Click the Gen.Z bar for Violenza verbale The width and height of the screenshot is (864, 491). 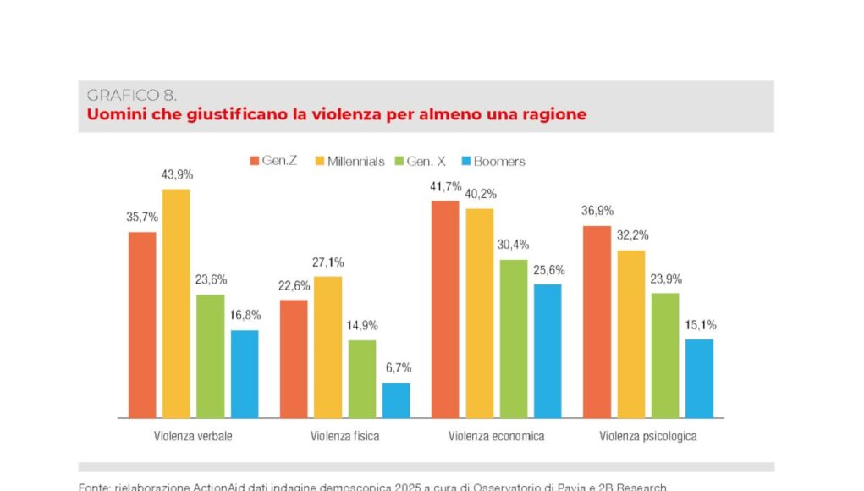tap(142, 324)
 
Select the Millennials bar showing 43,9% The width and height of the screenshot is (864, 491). tap(176, 303)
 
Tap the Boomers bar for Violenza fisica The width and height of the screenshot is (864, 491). tap(396, 400)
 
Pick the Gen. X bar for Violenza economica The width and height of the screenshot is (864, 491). tap(514, 339)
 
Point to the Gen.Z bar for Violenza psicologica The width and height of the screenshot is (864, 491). tap(597, 322)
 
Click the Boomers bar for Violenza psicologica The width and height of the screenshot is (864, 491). tap(699, 378)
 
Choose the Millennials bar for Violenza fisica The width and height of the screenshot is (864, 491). tap(328, 347)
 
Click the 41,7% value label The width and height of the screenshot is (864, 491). tap(445, 185)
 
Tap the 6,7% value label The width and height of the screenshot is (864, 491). tap(396, 367)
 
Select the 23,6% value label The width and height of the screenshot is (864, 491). tap(211, 279)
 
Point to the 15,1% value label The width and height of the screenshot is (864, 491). tap(699, 324)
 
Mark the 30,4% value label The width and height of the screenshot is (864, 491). tap(514, 244)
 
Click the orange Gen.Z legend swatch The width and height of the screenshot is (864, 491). tap(254, 161)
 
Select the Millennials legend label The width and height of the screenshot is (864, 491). tap(355, 161)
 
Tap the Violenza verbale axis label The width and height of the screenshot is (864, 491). tap(193, 436)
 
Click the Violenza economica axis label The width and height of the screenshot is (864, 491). tap(496, 436)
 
